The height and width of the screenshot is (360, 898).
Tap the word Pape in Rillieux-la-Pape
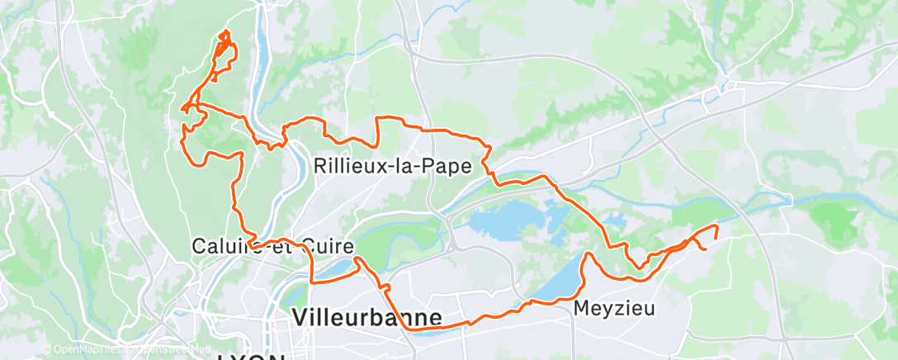click(x=449, y=166)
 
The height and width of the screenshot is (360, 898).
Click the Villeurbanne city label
click(x=367, y=317)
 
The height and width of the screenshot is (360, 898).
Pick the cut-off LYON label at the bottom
click(x=252, y=357)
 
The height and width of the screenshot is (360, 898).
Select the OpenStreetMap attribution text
click(x=169, y=349)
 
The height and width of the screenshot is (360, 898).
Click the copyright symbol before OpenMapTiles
click(x=45, y=349)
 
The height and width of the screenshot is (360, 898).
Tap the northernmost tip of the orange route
click(x=225, y=31)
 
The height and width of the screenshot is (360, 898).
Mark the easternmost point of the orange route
click(x=716, y=226)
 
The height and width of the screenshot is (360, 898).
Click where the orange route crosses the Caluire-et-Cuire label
click(x=256, y=245)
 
